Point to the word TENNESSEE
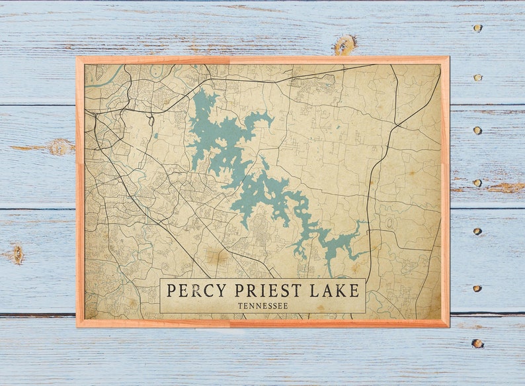point(262,305)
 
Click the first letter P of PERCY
point(171,291)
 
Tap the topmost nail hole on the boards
point(477,28)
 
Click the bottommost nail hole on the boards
point(477,343)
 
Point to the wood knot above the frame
point(344,44)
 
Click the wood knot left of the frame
point(61,146)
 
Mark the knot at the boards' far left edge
point(17,254)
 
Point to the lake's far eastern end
point(363,223)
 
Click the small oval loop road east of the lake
point(389,222)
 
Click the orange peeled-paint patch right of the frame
point(506,187)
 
